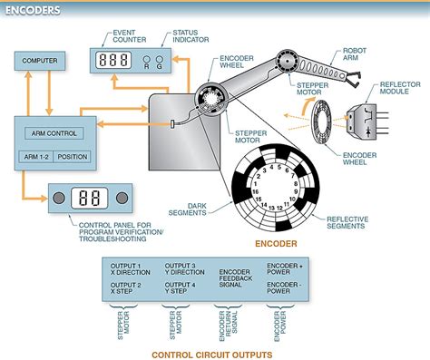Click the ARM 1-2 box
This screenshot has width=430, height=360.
32,156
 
